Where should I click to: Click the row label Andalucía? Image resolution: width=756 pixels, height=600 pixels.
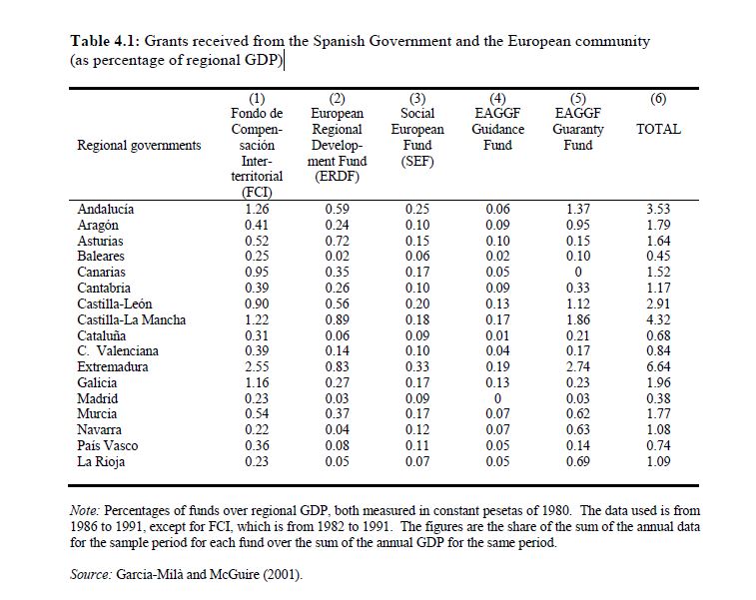105,210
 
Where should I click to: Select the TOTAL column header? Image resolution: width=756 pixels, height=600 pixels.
658,130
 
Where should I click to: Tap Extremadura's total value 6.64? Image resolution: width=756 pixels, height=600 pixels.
658,367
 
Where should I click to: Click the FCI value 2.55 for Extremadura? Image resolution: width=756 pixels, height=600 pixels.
257,367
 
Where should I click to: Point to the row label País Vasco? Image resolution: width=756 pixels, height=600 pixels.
107,446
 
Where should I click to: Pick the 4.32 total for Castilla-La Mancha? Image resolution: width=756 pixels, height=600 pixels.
658,319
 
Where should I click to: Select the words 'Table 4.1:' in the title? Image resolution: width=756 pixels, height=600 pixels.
105,42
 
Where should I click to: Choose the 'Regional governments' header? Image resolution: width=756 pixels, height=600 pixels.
138,146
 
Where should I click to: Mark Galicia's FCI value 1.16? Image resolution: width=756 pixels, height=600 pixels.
257,383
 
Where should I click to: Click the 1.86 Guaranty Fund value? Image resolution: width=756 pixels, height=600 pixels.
577,319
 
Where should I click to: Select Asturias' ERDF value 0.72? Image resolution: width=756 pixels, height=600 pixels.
338,241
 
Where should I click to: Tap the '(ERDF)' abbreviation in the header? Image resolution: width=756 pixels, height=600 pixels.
338,177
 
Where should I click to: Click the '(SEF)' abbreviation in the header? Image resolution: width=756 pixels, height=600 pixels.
417,161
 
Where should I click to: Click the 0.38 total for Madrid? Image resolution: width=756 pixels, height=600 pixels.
658,399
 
